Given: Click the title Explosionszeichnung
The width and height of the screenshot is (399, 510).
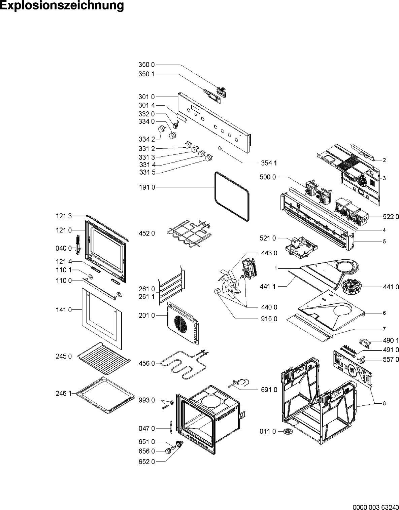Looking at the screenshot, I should (x=62, y=6).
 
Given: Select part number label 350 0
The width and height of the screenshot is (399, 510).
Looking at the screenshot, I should (x=146, y=65).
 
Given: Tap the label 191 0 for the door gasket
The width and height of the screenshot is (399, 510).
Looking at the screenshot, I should (x=147, y=187).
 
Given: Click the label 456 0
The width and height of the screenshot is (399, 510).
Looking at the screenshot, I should (x=147, y=363).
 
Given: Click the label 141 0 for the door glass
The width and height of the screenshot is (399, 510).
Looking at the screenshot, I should (x=64, y=310).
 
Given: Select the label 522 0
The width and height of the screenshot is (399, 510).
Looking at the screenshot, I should (x=391, y=217).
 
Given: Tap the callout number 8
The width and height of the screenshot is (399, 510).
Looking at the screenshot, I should (x=384, y=404).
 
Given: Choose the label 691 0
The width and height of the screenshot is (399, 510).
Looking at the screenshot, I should (x=269, y=390).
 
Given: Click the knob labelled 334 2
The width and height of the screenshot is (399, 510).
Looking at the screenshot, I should (x=162, y=129).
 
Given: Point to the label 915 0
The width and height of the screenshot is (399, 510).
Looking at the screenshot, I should (x=269, y=319).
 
